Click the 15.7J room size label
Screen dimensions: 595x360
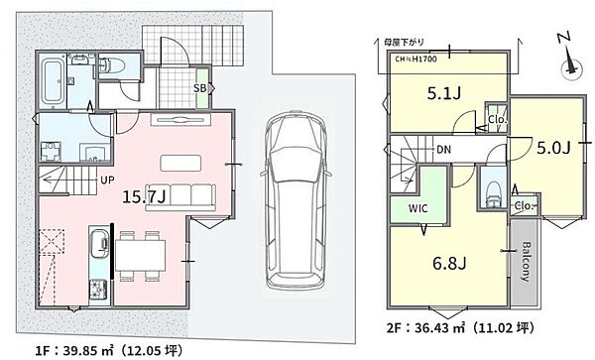click(144, 196)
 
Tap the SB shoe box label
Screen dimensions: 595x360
click(199, 88)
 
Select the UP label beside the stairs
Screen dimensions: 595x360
click(107, 180)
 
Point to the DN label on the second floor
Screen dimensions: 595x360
click(443, 150)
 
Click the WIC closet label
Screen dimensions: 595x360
click(418, 208)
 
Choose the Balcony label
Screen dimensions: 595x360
click(526, 261)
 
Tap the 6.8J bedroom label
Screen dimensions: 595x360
click(449, 263)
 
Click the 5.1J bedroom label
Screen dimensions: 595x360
click(444, 93)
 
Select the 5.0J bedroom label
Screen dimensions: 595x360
click(553, 148)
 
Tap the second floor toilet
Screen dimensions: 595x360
click(493, 193)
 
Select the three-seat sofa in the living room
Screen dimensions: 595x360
click(181, 197)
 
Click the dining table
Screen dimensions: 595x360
click(141, 255)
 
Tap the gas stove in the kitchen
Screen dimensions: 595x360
click(98, 289)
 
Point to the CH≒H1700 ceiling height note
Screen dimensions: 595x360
click(416, 60)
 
